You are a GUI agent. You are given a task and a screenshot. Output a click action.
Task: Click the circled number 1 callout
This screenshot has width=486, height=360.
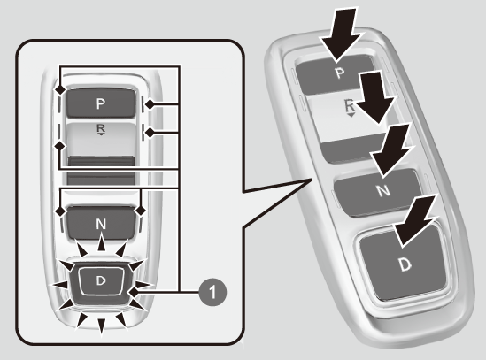point(212,292)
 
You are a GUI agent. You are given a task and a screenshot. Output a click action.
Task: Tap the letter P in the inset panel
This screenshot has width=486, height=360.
point(100,103)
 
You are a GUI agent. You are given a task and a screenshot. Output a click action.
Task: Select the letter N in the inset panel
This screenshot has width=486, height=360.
point(101,224)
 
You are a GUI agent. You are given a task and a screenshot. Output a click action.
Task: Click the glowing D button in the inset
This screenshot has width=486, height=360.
point(101,281)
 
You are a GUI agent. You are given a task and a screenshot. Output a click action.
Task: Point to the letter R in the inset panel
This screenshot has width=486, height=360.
point(101,128)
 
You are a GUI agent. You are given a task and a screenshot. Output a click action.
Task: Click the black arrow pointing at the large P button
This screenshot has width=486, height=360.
point(339,34)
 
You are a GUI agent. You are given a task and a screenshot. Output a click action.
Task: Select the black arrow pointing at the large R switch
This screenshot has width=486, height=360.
point(375,98)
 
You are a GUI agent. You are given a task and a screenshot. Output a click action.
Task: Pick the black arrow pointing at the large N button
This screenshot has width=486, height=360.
point(391,151)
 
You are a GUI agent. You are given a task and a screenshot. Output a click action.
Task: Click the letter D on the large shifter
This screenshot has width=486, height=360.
point(405,264)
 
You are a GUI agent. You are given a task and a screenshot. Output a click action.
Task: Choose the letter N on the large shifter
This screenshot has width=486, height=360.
point(383,190)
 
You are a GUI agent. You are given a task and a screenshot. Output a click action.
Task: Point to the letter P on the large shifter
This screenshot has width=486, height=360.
point(340,73)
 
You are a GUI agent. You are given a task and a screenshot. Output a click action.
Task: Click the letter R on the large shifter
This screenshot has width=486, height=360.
point(350,106)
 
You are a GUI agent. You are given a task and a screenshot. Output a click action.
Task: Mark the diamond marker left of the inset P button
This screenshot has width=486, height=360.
point(60,90)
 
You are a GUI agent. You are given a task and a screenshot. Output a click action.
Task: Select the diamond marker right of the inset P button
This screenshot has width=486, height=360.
point(150,104)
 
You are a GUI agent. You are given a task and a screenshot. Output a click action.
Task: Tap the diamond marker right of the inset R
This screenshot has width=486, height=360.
point(150,133)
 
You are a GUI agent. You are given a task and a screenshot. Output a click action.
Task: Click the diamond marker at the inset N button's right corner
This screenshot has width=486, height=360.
point(141,211)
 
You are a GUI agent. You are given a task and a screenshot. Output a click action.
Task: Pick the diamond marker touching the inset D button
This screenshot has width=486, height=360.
point(134,292)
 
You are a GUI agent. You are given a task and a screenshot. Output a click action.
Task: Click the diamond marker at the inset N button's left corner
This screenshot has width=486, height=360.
point(60,211)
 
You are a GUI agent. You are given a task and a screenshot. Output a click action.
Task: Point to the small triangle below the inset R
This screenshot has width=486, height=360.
point(101,134)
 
